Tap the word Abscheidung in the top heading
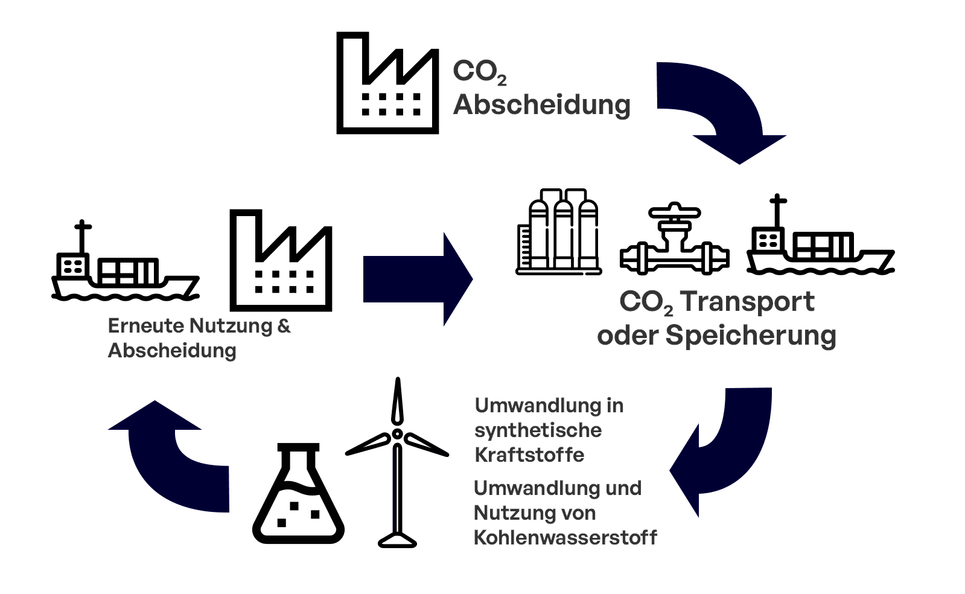coord(541,104)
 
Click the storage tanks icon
coord(558,232)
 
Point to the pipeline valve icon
coord(674,241)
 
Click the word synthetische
coord(538,430)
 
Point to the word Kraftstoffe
coord(529,455)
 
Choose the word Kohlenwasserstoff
coord(565,537)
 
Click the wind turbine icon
coord(397,465)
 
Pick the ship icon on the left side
coord(124,264)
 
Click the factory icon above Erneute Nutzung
coord(281,261)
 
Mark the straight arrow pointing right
coord(416,279)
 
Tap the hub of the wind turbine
coord(397,434)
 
